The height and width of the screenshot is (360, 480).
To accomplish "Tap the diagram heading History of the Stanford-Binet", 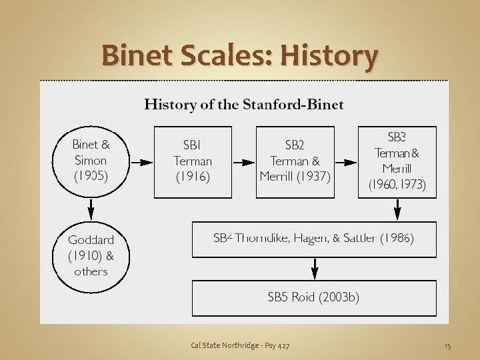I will click(x=244, y=105).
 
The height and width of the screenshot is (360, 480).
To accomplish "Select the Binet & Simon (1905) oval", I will click(x=91, y=161).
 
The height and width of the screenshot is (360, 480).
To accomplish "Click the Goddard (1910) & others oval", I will click(x=91, y=255).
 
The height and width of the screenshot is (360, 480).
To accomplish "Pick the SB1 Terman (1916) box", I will click(x=193, y=161).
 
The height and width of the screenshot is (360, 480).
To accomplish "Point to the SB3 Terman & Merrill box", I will click(x=397, y=161).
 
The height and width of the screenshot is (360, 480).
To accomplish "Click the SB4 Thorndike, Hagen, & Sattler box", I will click(x=314, y=239).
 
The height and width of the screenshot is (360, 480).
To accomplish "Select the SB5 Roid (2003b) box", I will click(x=314, y=298).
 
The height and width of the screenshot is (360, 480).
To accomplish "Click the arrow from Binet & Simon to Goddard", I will click(x=91, y=209).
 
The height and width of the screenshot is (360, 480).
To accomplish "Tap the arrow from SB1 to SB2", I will click(x=243, y=161).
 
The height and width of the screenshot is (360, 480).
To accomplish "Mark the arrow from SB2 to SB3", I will click(x=345, y=161).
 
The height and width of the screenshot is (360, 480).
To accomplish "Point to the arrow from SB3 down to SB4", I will click(x=397, y=209).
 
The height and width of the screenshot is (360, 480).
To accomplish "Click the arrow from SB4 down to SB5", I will click(x=315, y=269).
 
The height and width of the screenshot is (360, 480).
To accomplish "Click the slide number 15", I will click(x=447, y=345).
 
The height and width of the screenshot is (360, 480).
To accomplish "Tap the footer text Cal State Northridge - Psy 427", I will click(x=240, y=345).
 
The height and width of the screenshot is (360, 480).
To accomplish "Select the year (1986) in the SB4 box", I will click(x=396, y=238).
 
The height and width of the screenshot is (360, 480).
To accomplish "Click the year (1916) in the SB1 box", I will click(x=193, y=177).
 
